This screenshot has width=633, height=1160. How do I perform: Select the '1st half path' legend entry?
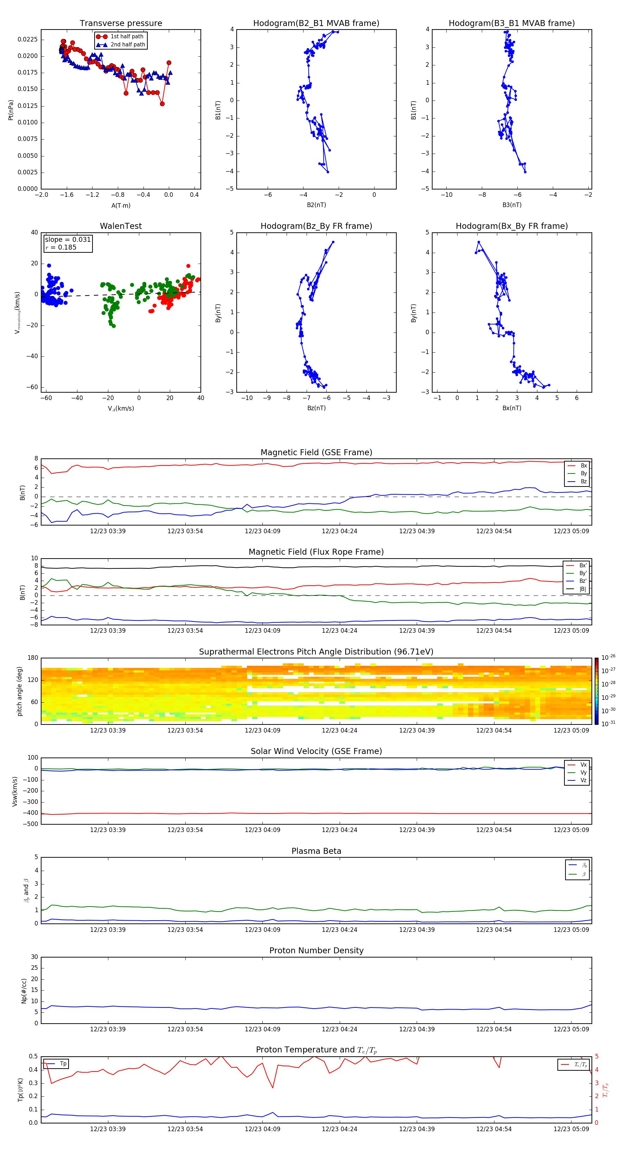[x=127, y=37]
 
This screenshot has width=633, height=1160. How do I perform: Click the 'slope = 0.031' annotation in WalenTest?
[x=68, y=240]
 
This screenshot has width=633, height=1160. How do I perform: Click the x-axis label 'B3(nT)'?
[x=512, y=205]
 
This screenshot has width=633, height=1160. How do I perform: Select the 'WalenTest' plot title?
[x=121, y=226]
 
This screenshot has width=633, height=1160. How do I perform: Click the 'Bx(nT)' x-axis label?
[x=512, y=408]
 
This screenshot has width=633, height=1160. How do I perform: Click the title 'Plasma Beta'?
[x=316, y=851]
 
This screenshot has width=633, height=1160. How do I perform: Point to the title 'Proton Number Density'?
[x=316, y=950]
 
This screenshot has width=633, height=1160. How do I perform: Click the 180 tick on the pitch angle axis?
[x=33, y=658]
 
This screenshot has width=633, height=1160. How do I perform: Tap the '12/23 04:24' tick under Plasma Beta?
[x=339, y=929]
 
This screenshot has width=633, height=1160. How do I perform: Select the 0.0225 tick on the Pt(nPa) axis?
[x=27, y=40]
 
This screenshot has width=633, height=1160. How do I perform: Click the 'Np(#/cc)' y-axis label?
[x=24, y=991]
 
